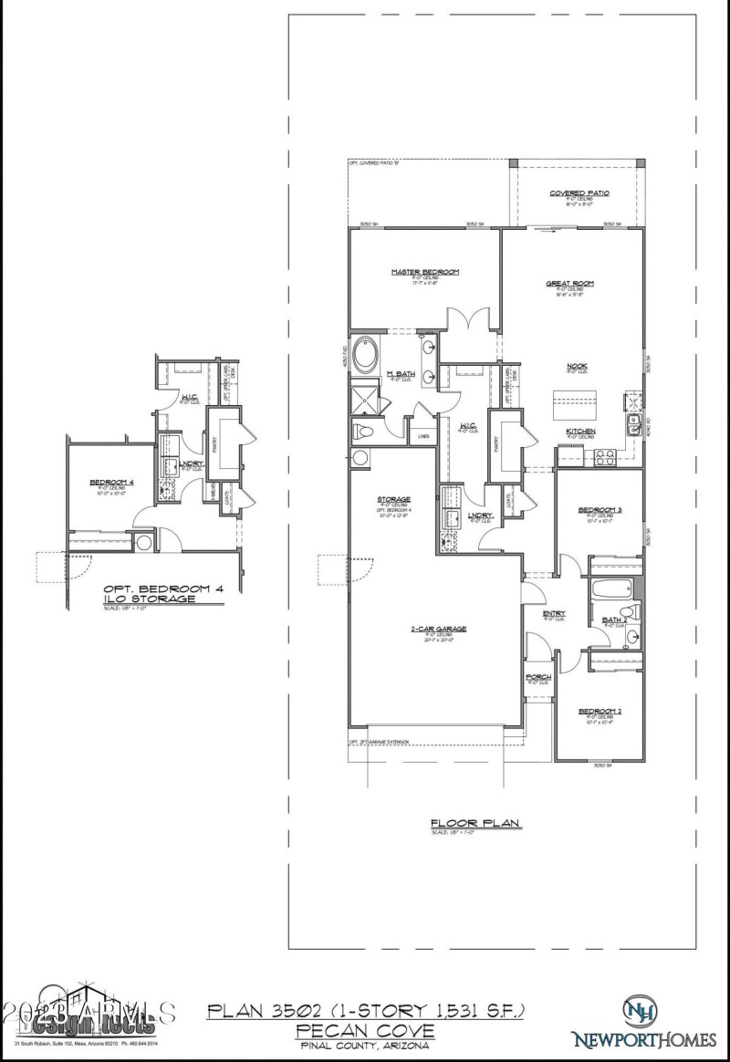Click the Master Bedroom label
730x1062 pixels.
point(424,272)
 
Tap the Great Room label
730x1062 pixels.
point(570,284)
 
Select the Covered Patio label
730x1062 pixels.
point(579,193)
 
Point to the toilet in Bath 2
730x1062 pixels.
point(626,611)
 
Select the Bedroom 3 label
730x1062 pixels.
point(600,510)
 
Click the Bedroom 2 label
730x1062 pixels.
point(600,710)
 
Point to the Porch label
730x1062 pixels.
point(538,676)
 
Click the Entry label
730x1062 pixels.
point(554,613)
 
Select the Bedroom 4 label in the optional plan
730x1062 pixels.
point(108,482)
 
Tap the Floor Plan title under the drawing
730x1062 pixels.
point(475,823)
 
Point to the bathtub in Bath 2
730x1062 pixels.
point(605,590)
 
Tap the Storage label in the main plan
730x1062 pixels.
point(394,499)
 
